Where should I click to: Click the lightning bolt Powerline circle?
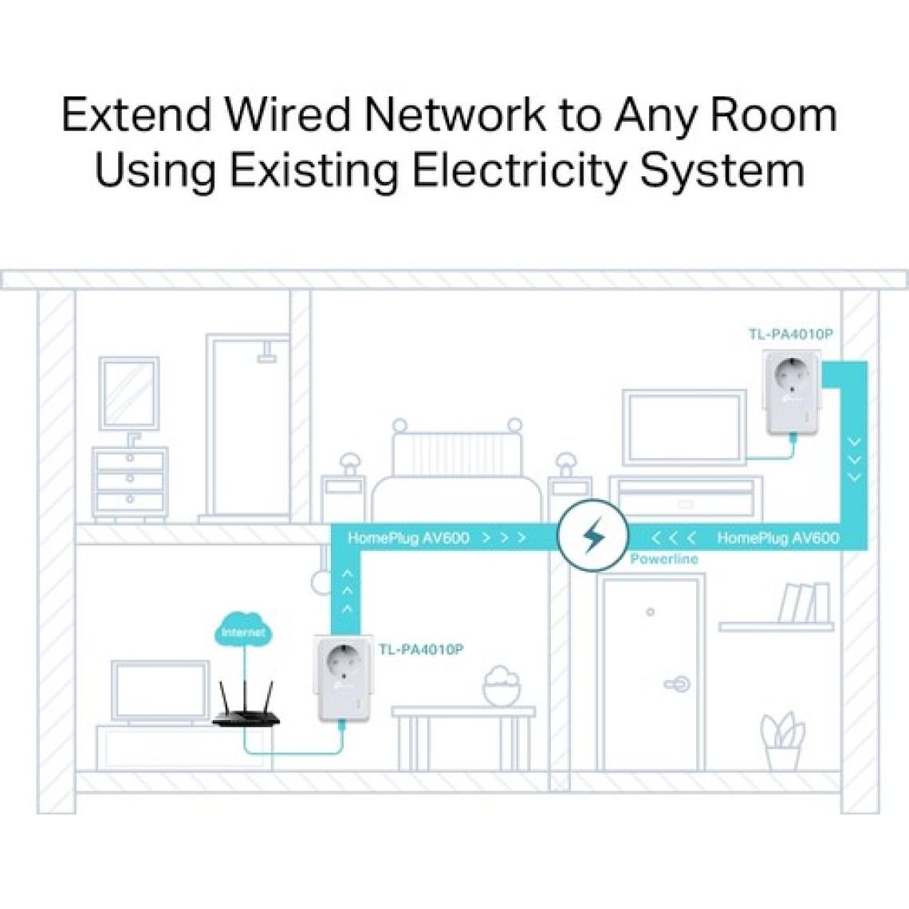point(592,536)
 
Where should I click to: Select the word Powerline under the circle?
point(663,559)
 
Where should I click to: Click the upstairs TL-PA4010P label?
point(790,334)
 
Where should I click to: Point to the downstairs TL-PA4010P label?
point(420,649)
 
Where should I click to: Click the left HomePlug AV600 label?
point(408,538)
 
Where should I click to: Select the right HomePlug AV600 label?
point(777,538)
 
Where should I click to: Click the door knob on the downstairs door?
point(679,683)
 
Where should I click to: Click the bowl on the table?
point(502,687)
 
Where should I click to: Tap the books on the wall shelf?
point(804,603)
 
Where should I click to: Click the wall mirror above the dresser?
point(128,393)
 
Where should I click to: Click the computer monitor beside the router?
point(159,691)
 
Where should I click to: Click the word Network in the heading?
point(456,114)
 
